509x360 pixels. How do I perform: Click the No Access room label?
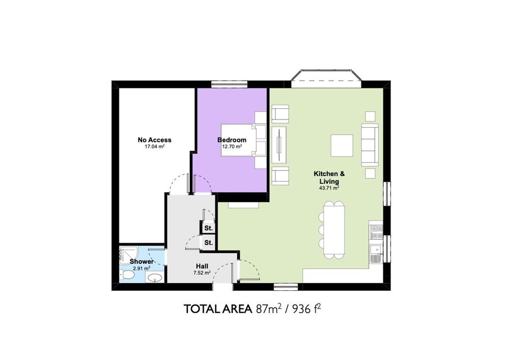pyautogui.click(x=155, y=140)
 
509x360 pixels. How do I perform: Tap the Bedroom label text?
pyautogui.click(x=232, y=140)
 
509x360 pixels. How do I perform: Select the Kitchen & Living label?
pyautogui.click(x=329, y=178)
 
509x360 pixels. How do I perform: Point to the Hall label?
pyautogui.click(x=202, y=266)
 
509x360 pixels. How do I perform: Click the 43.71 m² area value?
pyautogui.click(x=329, y=187)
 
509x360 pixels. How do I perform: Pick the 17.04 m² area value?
pyautogui.click(x=155, y=147)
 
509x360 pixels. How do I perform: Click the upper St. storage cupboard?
pyautogui.click(x=208, y=228)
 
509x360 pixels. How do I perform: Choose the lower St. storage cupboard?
pyautogui.click(x=208, y=242)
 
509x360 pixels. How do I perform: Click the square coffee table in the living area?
pyautogui.click(x=342, y=146)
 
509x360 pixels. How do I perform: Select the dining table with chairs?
pyautogui.click(x=332, y=230)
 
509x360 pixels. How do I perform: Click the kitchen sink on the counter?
pyautogui.click(x=376, y=254)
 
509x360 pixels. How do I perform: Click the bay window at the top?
pyautogui.click(x=326, y=78)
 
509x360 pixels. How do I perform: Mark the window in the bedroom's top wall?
pyautogui.click(x=229, y=84)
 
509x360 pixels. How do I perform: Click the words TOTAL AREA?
pyautogui.click(x=218, y=309)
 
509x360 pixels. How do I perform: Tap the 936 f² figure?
pyautogui.click(x=307, y=309)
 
